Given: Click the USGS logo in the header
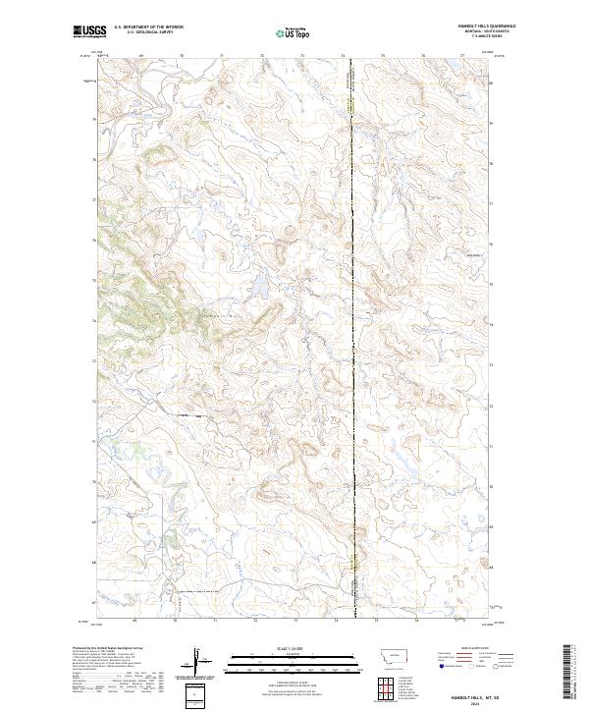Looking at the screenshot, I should [x=89, y=31].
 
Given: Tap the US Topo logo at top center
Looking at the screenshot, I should [x=286, y=33].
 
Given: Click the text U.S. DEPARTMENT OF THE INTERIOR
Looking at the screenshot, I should [x=148, y=27].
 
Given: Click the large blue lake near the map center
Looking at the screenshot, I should [x=260, y=287].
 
